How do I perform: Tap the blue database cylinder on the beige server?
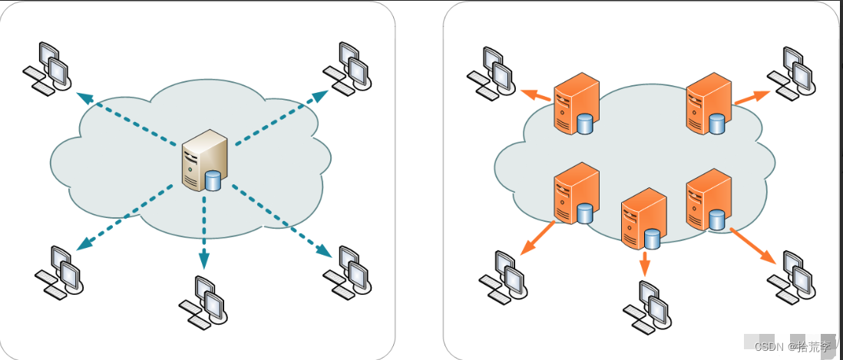click(213, 181)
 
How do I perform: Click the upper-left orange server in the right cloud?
click(575, 104)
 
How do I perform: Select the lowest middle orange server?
click(641, 219)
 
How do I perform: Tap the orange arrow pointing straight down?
click(644, 263)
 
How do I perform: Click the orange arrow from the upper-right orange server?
click(751, 97)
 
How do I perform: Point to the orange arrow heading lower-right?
click(755, 245)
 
